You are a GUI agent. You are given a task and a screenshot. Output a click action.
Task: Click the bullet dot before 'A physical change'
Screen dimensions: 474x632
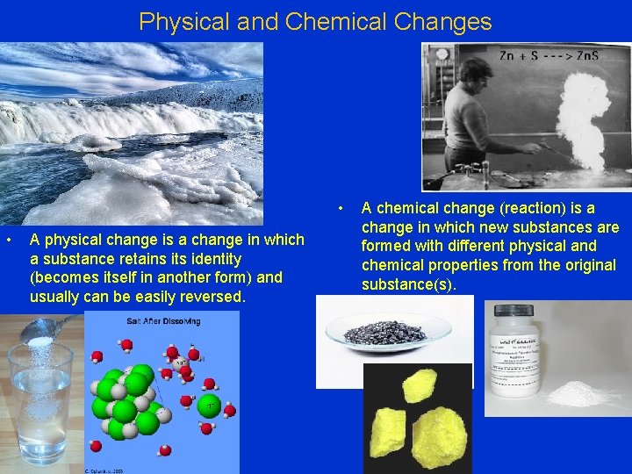(8, 240)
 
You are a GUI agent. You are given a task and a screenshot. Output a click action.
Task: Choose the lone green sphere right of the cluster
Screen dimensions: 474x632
(209, 406)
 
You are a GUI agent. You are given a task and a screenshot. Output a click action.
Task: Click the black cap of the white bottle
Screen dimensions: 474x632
(515, 312)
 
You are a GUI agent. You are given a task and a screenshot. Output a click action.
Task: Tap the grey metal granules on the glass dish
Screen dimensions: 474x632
(387, 331)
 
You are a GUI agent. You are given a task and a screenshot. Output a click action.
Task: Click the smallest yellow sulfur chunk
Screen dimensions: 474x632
(420, 384)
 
